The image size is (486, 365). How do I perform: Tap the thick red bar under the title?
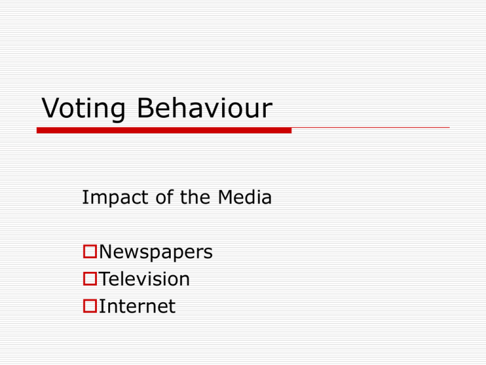pos(164,130)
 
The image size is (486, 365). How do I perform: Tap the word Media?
pos(244,198)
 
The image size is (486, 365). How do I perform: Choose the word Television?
pos(144,279)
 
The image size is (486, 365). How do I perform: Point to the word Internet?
pos(137,307)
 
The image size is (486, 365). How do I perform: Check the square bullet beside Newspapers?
pos(89,253)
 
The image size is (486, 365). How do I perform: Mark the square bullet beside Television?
pos(89,280)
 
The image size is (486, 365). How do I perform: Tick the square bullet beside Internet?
pos(89,307)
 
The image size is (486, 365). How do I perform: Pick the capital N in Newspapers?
pos(106,252)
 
